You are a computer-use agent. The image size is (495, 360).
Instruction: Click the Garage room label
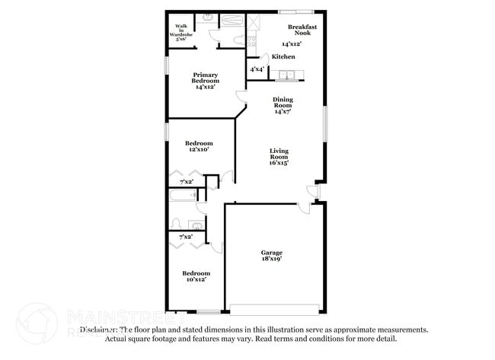coord(272,253)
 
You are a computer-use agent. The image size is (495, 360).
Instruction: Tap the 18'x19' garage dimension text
coord(272,260)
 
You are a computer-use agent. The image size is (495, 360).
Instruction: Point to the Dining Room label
coord(283,102)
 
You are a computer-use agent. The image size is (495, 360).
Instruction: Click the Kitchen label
coord(284,57)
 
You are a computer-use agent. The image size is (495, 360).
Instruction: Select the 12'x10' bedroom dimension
coord(199,150)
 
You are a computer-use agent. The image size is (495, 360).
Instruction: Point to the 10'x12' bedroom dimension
coord(196,279)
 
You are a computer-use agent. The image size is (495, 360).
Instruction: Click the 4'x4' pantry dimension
coord(257,70)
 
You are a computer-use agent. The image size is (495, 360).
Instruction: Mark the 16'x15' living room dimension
coord(278,163)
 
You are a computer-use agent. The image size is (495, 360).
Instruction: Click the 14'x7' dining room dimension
coord(283,112)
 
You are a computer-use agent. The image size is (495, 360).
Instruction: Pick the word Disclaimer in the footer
coord(99,330)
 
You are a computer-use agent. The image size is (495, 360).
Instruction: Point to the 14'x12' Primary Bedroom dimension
coord(204,87)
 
